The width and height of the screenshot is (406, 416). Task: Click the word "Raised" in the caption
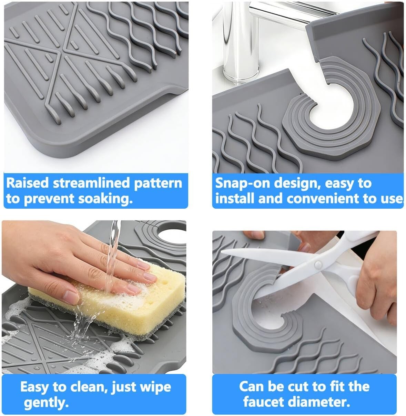(x=28, y=183)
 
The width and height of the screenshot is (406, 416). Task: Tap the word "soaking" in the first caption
(x=104, y=199)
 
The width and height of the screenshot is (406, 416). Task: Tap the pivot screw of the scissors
(x=318, y=265)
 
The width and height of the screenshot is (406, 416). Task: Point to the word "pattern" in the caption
(x=158, y=184)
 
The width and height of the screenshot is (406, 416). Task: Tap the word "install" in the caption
(x=235, y=199)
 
